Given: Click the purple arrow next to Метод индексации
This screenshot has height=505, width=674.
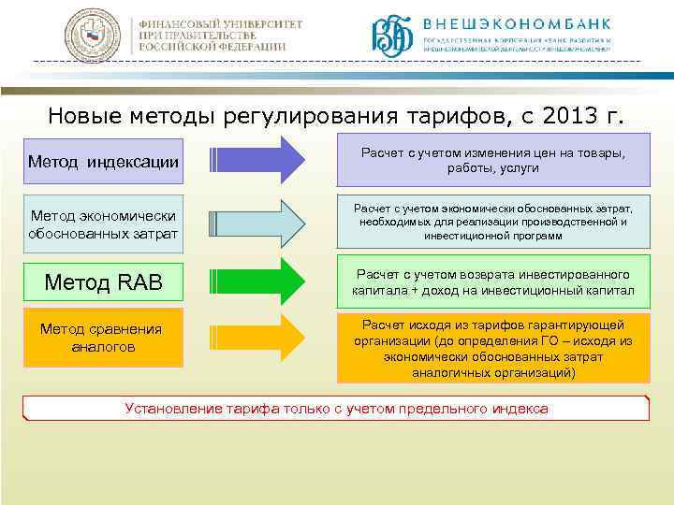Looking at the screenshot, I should click(256, 160).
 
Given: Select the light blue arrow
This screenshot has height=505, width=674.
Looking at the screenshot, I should click(256, 221).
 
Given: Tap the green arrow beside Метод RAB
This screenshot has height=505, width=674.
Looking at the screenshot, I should click(256, 281).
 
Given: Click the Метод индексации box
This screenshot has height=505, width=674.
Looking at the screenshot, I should click(103, 161).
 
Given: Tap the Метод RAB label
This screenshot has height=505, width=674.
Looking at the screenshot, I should click(103, 281).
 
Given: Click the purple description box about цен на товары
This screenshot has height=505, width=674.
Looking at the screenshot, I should click(492, 160).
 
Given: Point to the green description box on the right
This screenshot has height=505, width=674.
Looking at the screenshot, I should click(492, 281).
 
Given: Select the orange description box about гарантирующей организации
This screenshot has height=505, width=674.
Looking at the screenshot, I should click(492, 348).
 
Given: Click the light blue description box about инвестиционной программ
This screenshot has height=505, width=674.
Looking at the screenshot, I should click(492, 222).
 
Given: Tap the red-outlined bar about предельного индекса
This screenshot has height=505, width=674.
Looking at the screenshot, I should click(336, 409).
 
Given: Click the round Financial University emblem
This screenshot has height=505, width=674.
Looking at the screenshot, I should click(94, 36).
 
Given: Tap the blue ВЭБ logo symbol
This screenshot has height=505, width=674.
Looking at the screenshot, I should click(392, 36).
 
